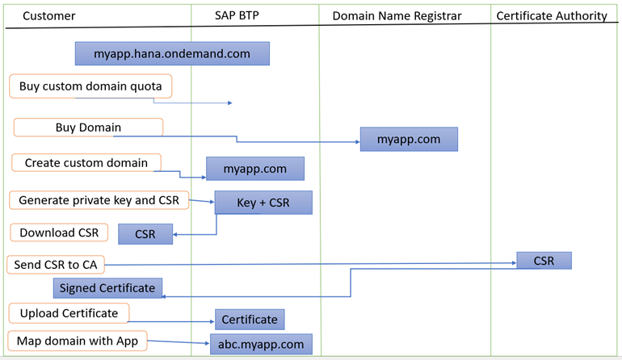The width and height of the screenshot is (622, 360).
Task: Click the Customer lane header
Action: (48, 16)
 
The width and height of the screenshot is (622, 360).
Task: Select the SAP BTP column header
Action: (237, 15)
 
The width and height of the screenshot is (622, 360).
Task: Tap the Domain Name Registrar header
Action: (397, 16)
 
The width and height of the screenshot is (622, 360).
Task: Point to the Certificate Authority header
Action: (552, 16)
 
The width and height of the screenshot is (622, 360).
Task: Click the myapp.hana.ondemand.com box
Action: (172, 53)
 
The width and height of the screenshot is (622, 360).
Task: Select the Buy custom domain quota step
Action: (90, 86)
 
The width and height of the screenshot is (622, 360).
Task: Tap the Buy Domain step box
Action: (88, 128)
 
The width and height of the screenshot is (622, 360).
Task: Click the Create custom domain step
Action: (86, 162)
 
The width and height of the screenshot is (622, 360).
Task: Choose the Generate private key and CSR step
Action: (99, 200)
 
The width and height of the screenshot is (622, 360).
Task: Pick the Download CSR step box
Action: (59, 232)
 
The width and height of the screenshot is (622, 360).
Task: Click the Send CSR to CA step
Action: (56, 265)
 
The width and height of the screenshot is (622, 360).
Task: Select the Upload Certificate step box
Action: (69, 313)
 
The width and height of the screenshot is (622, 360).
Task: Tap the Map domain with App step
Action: (78, 341)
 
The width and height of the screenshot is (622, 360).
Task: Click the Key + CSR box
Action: (263, 203)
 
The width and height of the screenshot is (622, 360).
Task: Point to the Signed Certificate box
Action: (107, 288)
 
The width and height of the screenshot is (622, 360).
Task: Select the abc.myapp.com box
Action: (261, 344)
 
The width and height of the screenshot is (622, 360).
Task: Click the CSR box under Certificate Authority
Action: (544, 261)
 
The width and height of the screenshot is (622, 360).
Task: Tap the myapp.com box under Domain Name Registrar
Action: (409, 139)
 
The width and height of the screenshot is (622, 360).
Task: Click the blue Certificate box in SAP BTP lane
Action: (250, 320)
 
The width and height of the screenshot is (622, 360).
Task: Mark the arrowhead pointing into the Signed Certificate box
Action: (163, 296)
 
